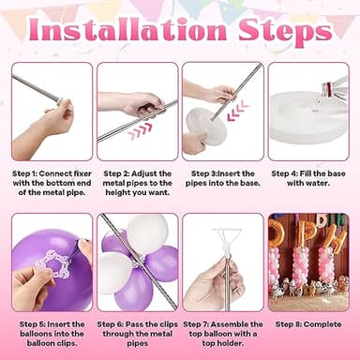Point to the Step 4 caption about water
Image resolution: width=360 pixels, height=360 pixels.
[308, 178]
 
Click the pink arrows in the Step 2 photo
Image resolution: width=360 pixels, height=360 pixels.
[141, 129]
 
